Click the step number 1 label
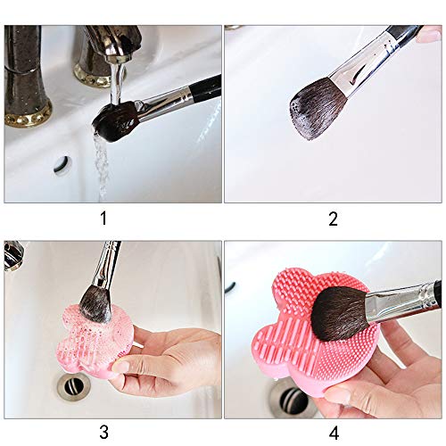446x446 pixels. (105, 217)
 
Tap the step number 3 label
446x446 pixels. (105, 432)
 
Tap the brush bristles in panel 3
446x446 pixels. (95, 302)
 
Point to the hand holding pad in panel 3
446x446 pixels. (174, 361)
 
